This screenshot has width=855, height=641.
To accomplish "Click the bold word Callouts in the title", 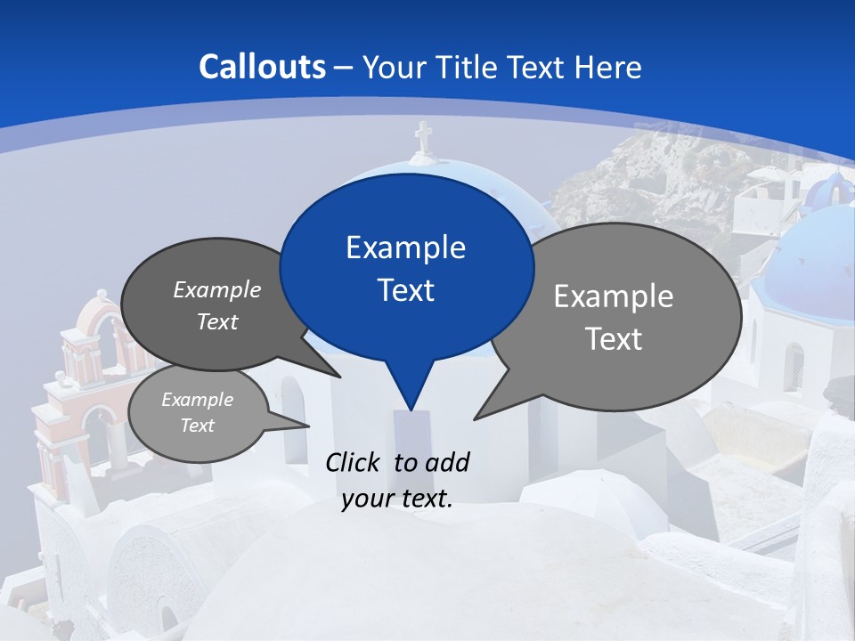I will click(x=262, y=67).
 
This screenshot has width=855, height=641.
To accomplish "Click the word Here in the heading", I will click(x=607, y=68).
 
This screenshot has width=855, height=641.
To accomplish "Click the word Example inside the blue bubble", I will click(x=405, y=247).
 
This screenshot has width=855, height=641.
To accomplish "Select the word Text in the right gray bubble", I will click(x=614, y=339).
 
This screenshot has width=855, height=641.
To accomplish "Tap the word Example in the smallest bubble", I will click(x=197, y=400).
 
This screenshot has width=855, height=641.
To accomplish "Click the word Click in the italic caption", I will click(x=354, y=462).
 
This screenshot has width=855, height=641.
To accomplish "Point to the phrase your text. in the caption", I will click(x=397, y=499).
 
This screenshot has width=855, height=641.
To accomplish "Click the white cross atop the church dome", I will click(x=423, y=138).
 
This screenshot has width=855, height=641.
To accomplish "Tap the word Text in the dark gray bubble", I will click(x=217, y=322).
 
